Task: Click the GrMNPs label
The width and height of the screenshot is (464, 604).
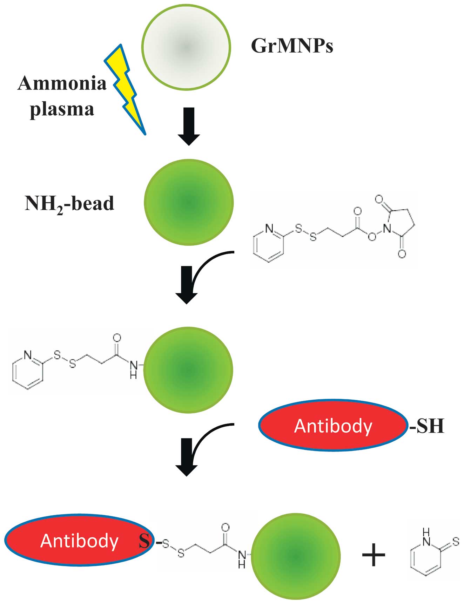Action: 292,46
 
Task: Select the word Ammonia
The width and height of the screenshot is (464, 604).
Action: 62,83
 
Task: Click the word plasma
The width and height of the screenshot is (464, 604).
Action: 62,109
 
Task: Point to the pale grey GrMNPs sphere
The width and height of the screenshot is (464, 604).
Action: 186,47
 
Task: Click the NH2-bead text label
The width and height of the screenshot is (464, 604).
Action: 69,204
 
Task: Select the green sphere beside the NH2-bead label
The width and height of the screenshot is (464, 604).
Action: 189,202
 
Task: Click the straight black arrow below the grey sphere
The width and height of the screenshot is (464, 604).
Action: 189,126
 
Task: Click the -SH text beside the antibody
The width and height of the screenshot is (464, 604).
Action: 427,426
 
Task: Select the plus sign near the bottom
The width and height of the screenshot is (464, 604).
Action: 373,555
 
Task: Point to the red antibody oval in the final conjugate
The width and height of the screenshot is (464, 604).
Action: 79,540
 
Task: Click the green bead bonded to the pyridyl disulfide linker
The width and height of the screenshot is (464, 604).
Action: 188,370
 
